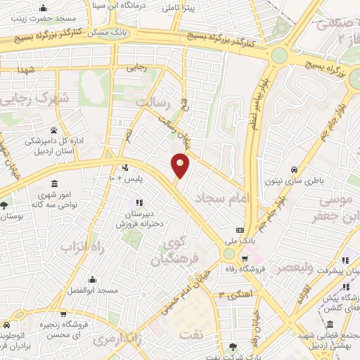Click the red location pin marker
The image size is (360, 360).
pos(181,165)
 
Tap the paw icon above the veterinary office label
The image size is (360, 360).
pos(53,130)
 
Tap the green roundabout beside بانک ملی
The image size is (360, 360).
pos(229,254)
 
